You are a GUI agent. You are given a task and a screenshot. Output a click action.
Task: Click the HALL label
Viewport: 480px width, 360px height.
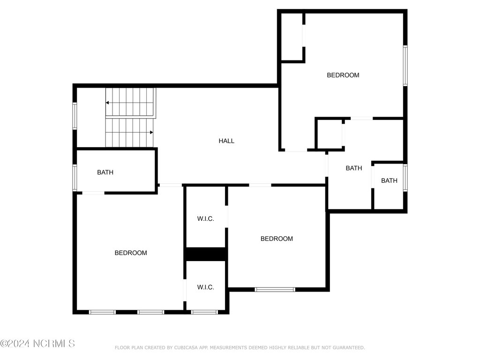click(x=226, y=141)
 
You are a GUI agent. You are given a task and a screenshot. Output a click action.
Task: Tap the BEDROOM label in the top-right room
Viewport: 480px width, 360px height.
click(x=343, y=75)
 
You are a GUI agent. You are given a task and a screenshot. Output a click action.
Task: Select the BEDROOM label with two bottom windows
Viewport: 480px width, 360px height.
click(x=131, y=253)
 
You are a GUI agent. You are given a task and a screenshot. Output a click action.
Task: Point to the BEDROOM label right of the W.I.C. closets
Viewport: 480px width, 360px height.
click(x=277, y=239)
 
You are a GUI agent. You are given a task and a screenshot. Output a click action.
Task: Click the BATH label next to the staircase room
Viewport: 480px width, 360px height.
click(x=105, y=172)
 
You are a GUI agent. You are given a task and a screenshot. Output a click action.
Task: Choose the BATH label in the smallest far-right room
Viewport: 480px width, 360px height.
click(x=389, y=180)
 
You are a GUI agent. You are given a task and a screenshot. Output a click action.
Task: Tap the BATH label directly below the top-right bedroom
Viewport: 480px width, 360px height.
click(x=354, y=168)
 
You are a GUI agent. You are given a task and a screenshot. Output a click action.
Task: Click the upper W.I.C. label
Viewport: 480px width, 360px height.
click(x=205, y=218)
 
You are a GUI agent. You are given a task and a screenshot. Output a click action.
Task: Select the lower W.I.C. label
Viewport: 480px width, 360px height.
click(x=205, y=287)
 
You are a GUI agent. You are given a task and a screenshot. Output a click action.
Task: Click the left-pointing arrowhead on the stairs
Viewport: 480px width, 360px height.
click(x=107, y=103)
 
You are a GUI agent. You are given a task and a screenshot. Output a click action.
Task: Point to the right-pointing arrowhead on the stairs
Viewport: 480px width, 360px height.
click(x=151, y=132)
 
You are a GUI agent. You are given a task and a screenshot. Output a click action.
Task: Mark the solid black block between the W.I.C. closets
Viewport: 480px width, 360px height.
click(x=206, y=254)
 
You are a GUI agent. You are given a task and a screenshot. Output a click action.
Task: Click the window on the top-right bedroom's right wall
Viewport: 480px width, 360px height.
click(x=405, y=66)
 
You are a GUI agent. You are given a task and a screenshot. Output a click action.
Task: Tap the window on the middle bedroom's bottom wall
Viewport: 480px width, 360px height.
click(x=275, y=289)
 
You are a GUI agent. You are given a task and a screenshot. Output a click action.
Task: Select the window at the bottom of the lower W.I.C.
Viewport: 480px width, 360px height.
click(x=204, y=312)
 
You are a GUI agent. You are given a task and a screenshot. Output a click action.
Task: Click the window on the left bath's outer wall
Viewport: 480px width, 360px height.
click(x=75, y=178)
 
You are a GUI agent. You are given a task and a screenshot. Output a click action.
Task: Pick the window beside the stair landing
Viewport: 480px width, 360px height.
click(x=75, y=116)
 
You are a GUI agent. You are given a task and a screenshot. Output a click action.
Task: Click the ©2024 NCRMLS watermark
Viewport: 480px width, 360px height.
click(x=37, y=344)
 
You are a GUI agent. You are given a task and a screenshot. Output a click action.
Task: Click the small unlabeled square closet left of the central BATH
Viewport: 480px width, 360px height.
click(x=329, y=134)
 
